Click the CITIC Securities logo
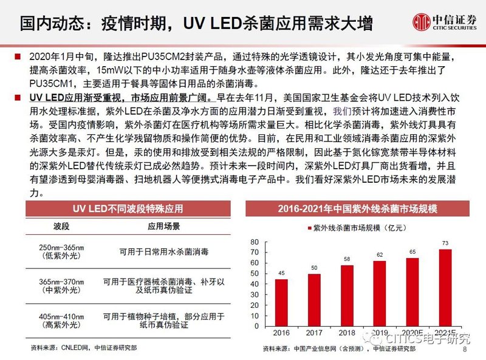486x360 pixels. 444,24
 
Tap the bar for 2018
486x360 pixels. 347,294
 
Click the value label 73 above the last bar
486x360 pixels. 445,243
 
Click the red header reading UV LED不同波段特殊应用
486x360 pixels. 128,209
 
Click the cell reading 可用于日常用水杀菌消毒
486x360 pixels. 163,249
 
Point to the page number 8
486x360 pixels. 465,350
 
